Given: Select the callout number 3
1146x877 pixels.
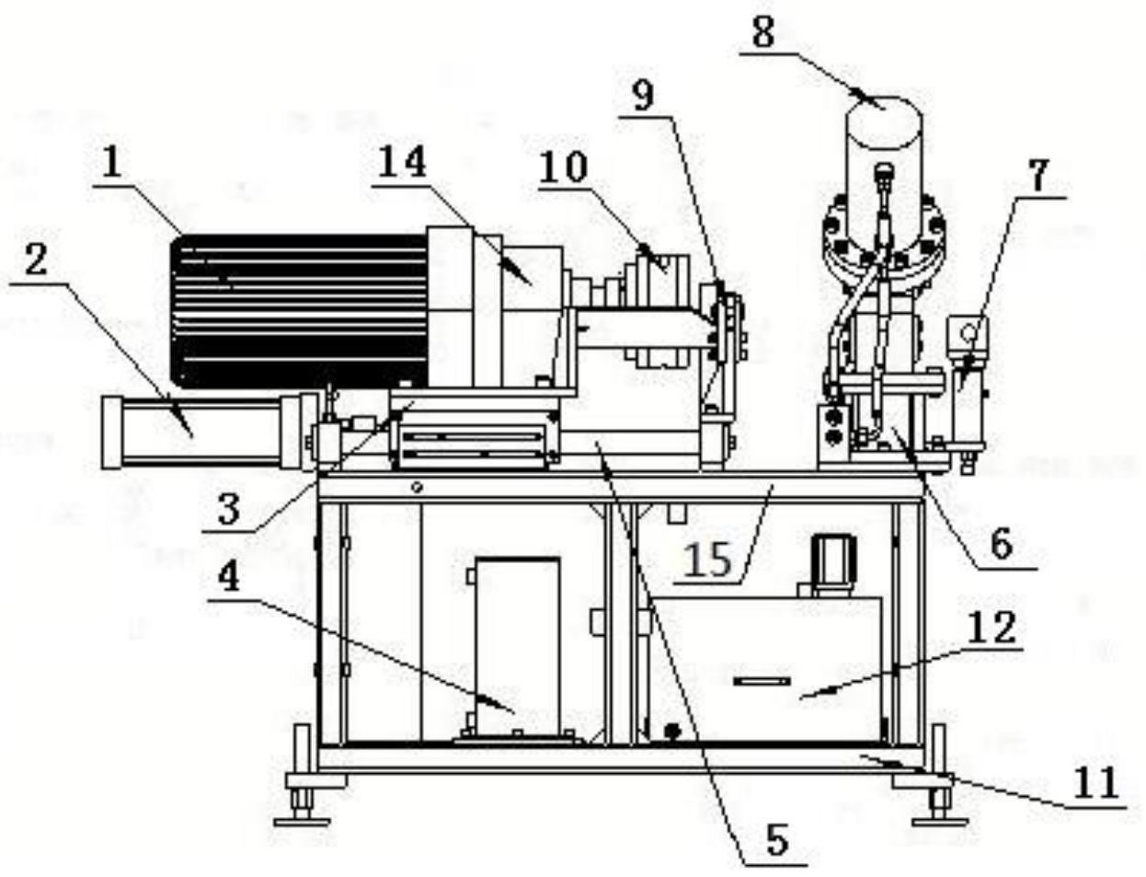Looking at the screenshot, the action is point(228,508).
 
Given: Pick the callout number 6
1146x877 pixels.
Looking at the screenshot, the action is point(1001,544).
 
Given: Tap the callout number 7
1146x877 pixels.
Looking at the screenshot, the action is point(1037,176).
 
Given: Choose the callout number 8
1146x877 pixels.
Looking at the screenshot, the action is point(763,32).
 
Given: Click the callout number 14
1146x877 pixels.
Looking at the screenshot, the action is point(402,161).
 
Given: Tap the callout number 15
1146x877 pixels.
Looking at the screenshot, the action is point(708,560).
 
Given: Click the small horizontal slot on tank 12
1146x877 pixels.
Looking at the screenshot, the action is point(762,681).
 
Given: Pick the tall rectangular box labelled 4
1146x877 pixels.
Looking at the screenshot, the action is point(518,648).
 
